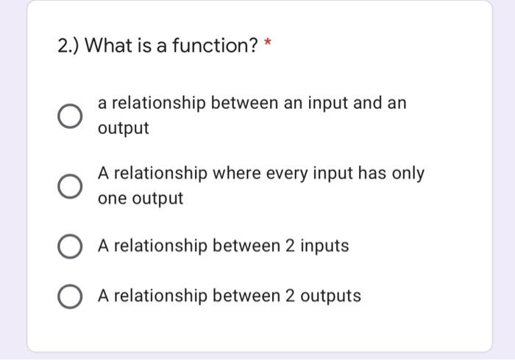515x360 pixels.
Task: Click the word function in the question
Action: click(x=219, y=46)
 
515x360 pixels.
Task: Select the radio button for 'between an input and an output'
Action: click(x=69, y=116)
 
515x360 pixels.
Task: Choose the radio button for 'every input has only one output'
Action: click(x=69, y=186)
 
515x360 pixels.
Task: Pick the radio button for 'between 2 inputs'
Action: click(x=69, y=247)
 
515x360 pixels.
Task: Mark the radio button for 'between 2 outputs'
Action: click(x=69, y=297)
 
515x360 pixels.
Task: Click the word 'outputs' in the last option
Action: click(x=330, y=296)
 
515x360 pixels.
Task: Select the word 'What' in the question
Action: click(x=108, y=46)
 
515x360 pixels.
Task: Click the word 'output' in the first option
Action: click(x=124, y=129)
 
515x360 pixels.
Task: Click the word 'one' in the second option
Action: click(x=112, y=199)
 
